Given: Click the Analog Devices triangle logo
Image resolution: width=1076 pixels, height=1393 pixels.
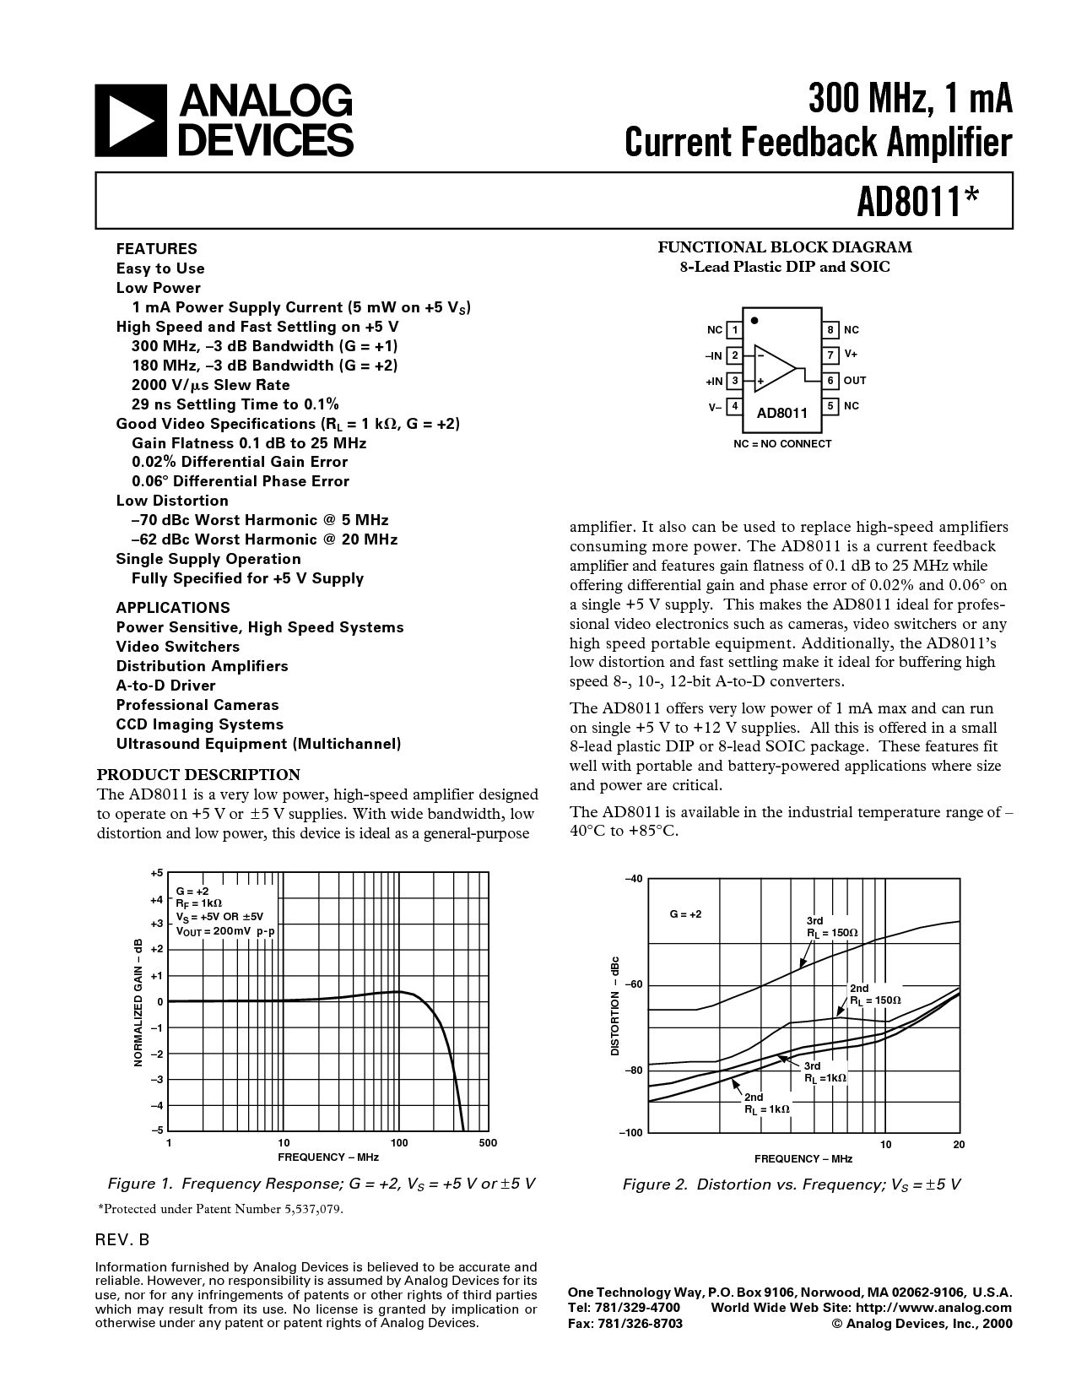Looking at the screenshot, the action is pyautogui.click(x=131, y=121).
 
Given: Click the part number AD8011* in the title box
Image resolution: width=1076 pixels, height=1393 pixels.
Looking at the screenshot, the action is pyautogui.click(x=917, y=202).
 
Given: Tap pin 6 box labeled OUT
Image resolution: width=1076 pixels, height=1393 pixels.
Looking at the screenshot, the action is pyautogui.click(x=830, y=381).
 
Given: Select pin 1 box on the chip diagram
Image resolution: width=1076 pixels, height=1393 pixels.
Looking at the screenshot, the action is pyautogui.click(x=734, y=330).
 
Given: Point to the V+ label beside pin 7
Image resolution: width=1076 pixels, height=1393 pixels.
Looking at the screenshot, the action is pyautogui.click(x=851, y=354).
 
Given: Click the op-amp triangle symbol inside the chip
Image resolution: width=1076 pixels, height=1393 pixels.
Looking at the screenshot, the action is pyautogui.click(x=774, y=369).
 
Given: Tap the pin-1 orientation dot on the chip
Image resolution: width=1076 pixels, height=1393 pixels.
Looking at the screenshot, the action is pyautogui.click(x=754, y=320).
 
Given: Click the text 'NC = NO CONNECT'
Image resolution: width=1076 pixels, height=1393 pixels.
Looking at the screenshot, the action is pyautogui.click(x=782, y=443).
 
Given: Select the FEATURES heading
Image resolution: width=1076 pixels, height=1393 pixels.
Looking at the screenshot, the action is pyautogui.click(x=156, y=249).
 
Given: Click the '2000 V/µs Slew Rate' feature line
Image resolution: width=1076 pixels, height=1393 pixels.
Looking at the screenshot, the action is pyautogui.click(x=211, y=385).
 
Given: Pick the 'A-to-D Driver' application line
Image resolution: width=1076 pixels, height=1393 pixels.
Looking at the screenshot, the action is pyautogui.click(x=165, y=686).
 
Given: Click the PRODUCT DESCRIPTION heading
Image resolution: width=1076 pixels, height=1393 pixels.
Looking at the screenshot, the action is pyautogui.click(x=198, y=774).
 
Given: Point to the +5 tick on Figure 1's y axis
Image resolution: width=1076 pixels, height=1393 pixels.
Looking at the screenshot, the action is pyautogui.click(x=157, y=873).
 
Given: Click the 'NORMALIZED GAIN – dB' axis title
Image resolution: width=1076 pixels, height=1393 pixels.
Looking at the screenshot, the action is pyautogui.click(x=138, y=1002).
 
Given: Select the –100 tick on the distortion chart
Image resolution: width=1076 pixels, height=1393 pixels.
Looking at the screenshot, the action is pyautogui.click(x=630, y=1133).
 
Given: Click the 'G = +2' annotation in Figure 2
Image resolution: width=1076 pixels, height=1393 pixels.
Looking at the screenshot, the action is pyautogui.click(x=685, y=914).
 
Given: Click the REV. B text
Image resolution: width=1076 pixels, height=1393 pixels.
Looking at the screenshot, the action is pyautogui.click(x=122, y=1240).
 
